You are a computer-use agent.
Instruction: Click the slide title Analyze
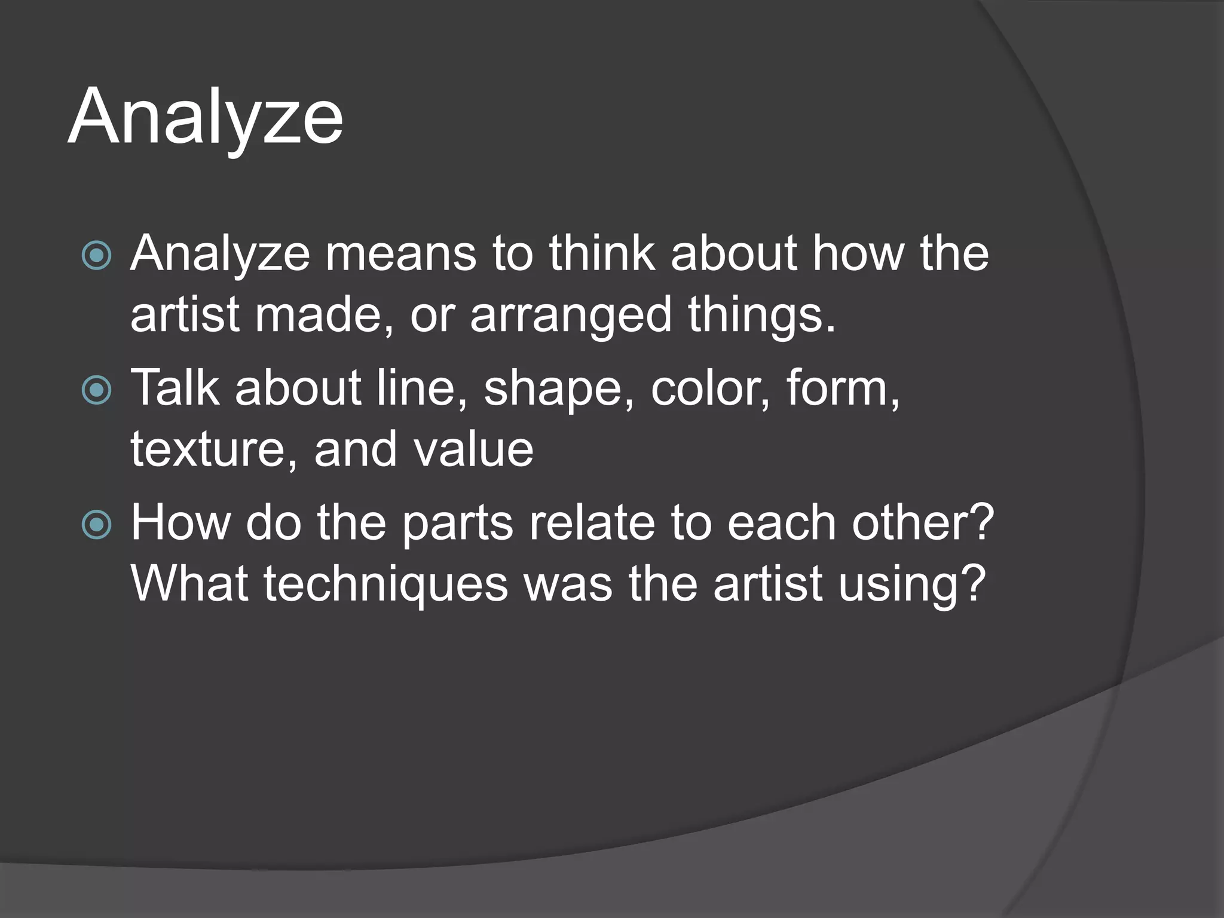point(206,117)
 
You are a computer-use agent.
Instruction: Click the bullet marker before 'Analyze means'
point(96,256)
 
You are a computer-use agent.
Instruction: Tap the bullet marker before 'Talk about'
point(96,391)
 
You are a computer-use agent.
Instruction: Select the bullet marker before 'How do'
point(96,525)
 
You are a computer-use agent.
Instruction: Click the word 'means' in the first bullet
point(400,254)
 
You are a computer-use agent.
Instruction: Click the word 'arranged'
point(571,315)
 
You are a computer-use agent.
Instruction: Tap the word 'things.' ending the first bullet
point(761,315)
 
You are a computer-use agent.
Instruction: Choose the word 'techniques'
point(386,585)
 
